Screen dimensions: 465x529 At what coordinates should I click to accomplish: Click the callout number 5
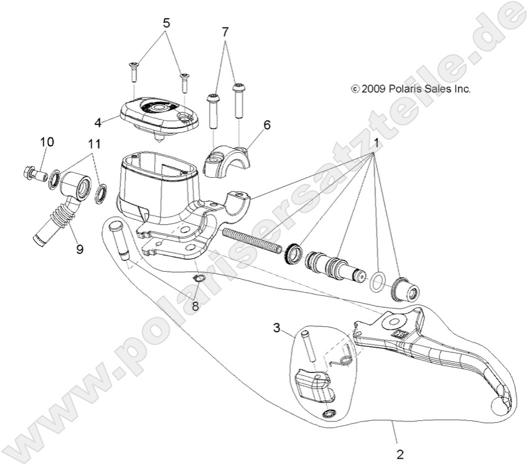coord(166,23)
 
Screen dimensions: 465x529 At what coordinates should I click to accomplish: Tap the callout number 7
coord(226,30)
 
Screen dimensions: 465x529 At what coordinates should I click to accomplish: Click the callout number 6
coord(266,125)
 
